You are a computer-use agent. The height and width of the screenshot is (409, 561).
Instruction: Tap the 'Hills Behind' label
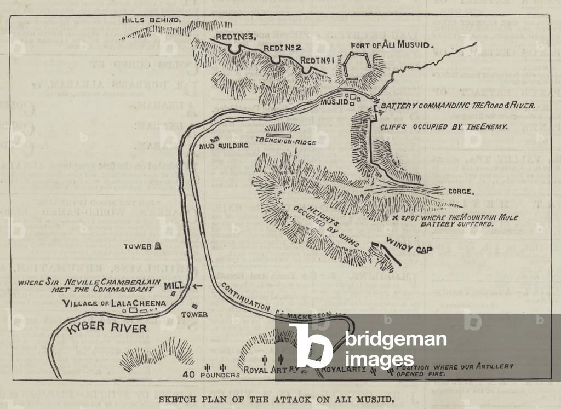pos(151,20)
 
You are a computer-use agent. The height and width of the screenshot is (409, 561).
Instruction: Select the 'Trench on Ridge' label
pos(282,141)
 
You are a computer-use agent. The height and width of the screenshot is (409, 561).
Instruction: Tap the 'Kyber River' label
pos(107,327)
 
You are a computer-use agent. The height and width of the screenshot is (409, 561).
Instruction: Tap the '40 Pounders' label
pos(211,375)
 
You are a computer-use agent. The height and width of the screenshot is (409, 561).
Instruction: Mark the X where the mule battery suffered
pos(396,217)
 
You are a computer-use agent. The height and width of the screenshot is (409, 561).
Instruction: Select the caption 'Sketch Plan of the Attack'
pos(276,399)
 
